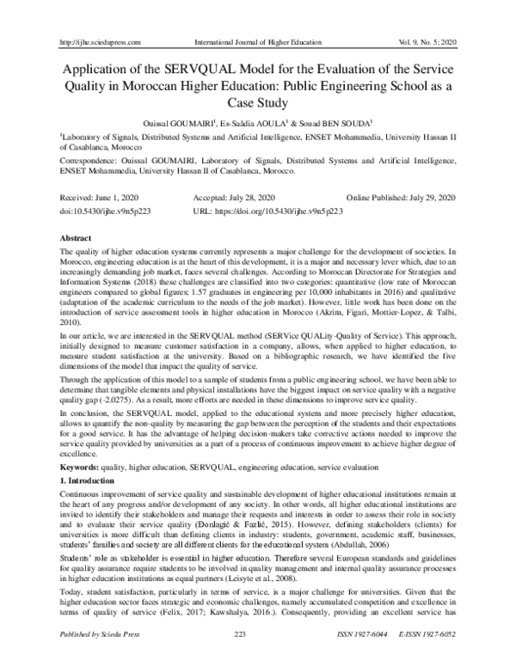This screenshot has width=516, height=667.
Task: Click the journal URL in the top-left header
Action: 96,16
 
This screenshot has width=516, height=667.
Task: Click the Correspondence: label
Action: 89,159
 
